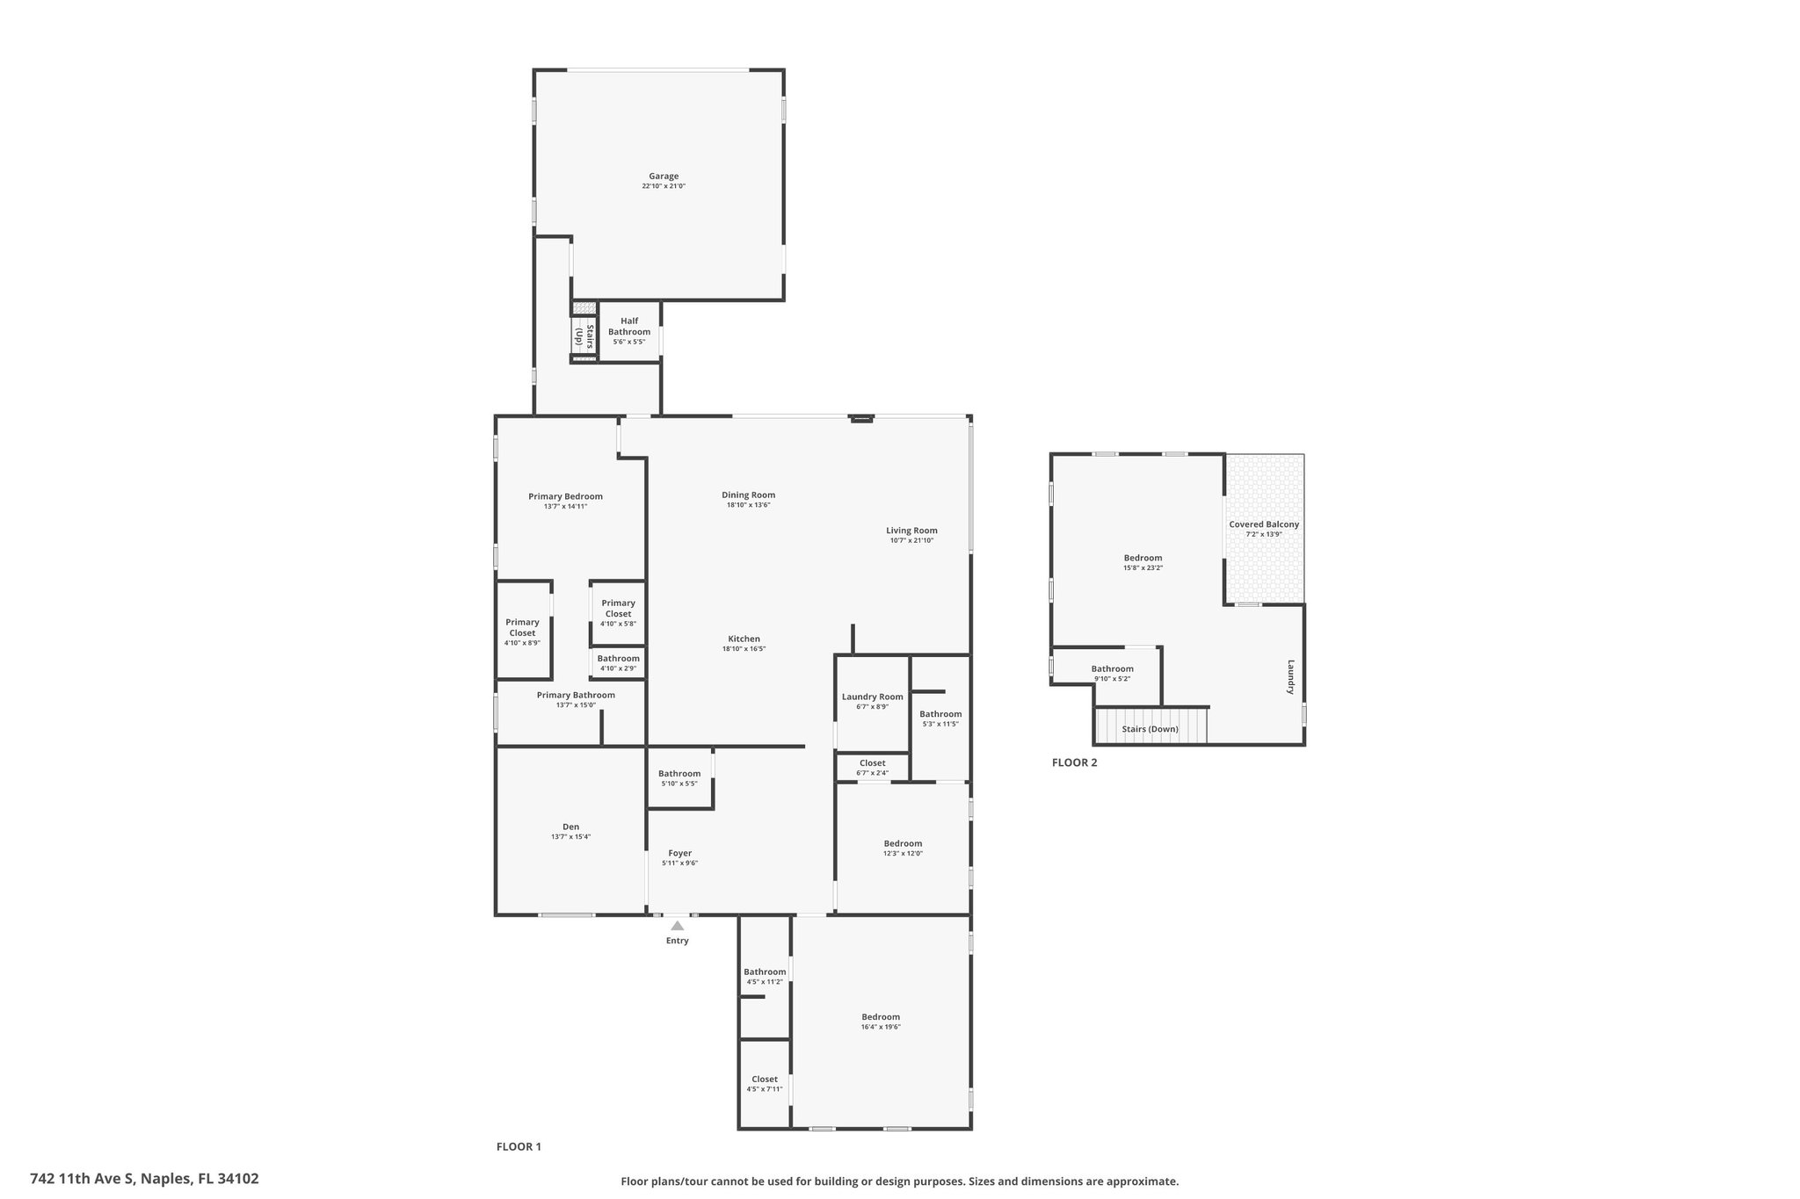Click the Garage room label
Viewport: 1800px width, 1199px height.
[x=664, y=177]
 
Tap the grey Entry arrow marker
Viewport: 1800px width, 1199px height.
[x=677, y=925]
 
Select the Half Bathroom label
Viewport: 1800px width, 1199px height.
[x=629, y=326]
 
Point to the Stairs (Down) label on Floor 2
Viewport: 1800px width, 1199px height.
[x=1150, y=729]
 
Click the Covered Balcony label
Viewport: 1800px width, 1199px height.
[x=1264, y=524]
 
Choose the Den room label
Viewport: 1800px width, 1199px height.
[x=571, y=827]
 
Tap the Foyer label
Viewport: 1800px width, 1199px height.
[x=680, y=853]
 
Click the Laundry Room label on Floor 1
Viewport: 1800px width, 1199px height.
[x=873, y=697]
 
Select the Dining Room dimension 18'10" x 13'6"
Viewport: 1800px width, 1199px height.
[x=749, y=505]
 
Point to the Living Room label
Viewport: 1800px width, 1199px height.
[x=911, y=531]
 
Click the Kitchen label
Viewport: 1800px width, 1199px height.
[x=744, y=639]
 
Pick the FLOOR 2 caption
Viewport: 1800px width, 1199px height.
[x=1075, y=762]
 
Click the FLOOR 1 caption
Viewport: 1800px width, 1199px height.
[x=519, y=1146]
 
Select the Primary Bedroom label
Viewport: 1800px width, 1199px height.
[x=565, y=496]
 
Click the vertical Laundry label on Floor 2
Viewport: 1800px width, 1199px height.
[x=1291, y=676]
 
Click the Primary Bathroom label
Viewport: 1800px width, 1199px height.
[x=576, y=695]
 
